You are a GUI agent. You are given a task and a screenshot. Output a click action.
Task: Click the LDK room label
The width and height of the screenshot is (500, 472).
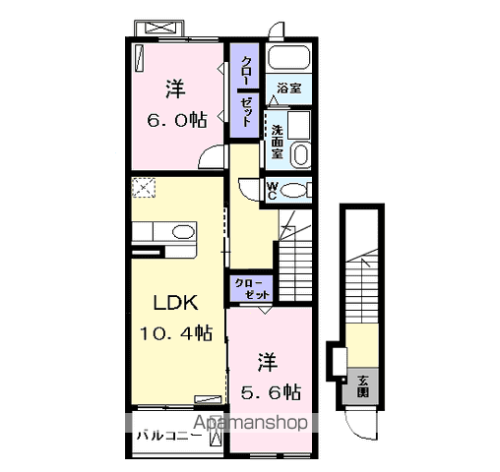tap(176, 303)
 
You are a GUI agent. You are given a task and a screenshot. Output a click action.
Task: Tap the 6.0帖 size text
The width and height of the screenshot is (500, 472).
tap(177, 120)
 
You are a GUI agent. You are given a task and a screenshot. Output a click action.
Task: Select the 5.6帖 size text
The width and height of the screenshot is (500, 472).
tap(271, 391)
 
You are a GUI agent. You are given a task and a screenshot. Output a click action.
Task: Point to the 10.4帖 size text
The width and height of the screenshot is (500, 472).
tap(176, 333)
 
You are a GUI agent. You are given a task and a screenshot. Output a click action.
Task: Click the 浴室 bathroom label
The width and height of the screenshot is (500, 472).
tap(289, 88)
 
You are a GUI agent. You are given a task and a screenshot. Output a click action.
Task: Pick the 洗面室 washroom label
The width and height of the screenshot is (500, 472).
tap(277, 143)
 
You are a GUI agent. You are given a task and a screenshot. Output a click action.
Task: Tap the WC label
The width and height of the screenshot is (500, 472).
tap(272, 191)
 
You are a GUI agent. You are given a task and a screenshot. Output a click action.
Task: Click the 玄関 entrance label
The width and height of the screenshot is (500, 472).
tap(363, 386)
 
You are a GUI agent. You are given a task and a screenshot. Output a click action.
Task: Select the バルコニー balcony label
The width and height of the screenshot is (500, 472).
tap(169, 436)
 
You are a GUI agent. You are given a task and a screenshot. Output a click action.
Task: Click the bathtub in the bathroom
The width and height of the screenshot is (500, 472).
tap(288, 57)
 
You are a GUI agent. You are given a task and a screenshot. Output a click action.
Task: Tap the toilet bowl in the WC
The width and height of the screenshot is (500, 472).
tap(293, 191)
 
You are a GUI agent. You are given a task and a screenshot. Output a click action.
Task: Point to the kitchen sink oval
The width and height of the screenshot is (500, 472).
tap(183, 232)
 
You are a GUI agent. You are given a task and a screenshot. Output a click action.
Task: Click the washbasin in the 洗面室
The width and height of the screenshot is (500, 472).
tap(301, 154)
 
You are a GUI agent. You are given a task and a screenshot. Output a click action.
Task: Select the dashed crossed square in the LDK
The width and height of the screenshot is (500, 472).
tap(144, 188)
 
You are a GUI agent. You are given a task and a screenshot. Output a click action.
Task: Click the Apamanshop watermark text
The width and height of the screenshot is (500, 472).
tap(250, 423)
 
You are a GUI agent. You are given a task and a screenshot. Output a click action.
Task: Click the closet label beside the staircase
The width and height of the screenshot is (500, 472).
tap(252, 289)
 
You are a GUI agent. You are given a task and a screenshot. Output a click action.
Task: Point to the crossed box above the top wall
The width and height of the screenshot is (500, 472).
tap(158, 28)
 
